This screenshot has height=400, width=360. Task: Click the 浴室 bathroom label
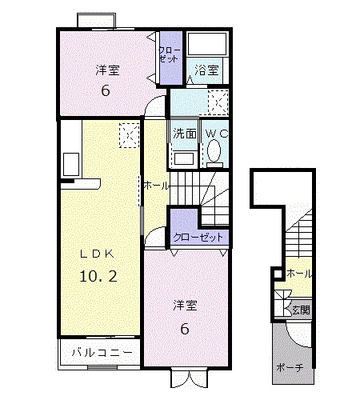tap(206, 71)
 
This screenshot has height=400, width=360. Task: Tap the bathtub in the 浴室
tap(207, 46)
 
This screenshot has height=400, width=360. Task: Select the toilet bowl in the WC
tap(214, 151)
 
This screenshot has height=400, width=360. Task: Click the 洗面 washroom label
tap(183, 134)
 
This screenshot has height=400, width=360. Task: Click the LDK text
tap(97, 253)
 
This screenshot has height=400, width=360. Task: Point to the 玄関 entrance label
tap(299, 309)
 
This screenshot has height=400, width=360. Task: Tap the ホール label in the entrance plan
tap(299, 274)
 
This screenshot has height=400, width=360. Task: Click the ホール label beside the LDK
tap(156, 185)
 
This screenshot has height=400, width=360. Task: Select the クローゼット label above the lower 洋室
tap(199, 238)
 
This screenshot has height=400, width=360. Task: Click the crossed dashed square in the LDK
tap(127, 136)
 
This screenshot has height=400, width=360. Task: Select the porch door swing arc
tap(297, 334)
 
